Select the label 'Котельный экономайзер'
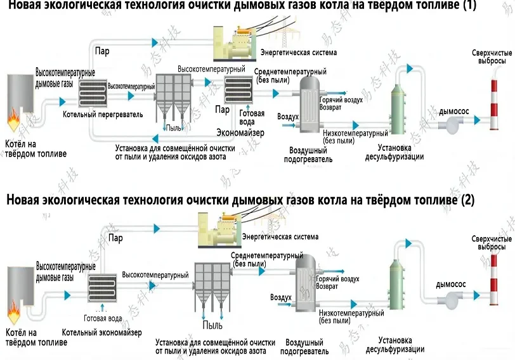pos(101,332)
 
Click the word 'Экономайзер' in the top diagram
pos(240,132)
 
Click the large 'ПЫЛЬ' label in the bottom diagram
pos(212,326)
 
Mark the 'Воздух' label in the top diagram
pos(288,117)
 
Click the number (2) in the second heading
pos(467,200)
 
